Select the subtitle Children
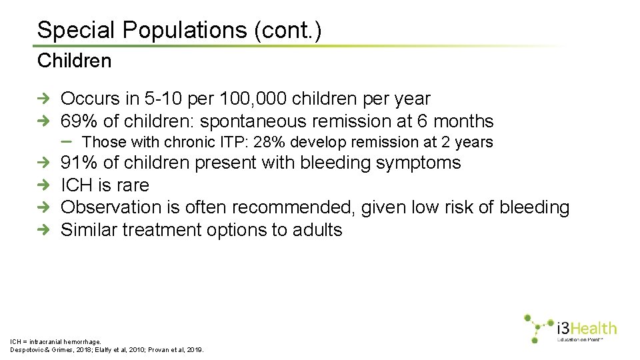[x=74, y=61]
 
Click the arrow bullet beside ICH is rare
[x=43, y=185]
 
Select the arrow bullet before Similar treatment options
[x=43, y=230]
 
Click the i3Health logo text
[x=587, y=328]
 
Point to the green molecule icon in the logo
[x=537, y=327]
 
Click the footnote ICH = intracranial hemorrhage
[x=55, y=341]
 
